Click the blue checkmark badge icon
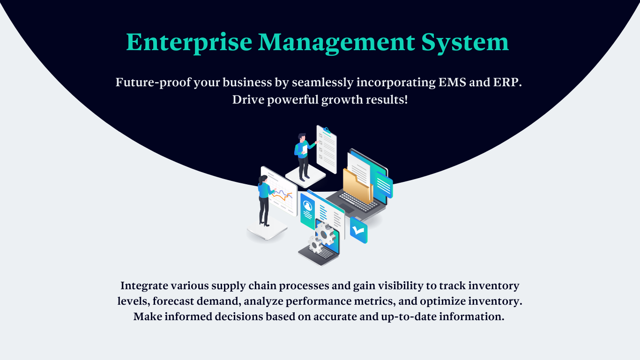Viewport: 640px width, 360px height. pos(358,230)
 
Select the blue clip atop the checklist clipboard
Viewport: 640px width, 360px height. pos(327,130)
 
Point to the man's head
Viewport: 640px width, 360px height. pos(302,137)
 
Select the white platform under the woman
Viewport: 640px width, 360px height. pos(267,231)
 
